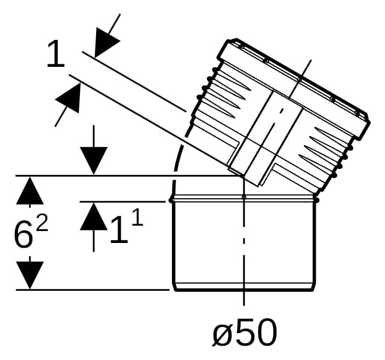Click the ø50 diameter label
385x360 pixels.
[x=245, y=333]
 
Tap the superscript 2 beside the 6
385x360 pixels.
[x=42, y=223]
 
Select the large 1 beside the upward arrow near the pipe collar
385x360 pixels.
[x=119, y=230]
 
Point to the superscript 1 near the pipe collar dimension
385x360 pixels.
[x=138, y=217]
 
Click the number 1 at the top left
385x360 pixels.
[x=56, y=54]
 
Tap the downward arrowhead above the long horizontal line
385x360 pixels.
[x=94, y=161]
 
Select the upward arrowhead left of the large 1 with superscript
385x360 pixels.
[x=94, y=216]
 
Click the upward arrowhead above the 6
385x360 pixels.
[x=30, y=190]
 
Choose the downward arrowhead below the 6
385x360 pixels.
[x=30, y=275]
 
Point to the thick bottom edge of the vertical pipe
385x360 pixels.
[x=244, y=290]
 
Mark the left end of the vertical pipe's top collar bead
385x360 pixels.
[x=171, y=201]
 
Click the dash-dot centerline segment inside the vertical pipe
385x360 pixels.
[x=244, y=241]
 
